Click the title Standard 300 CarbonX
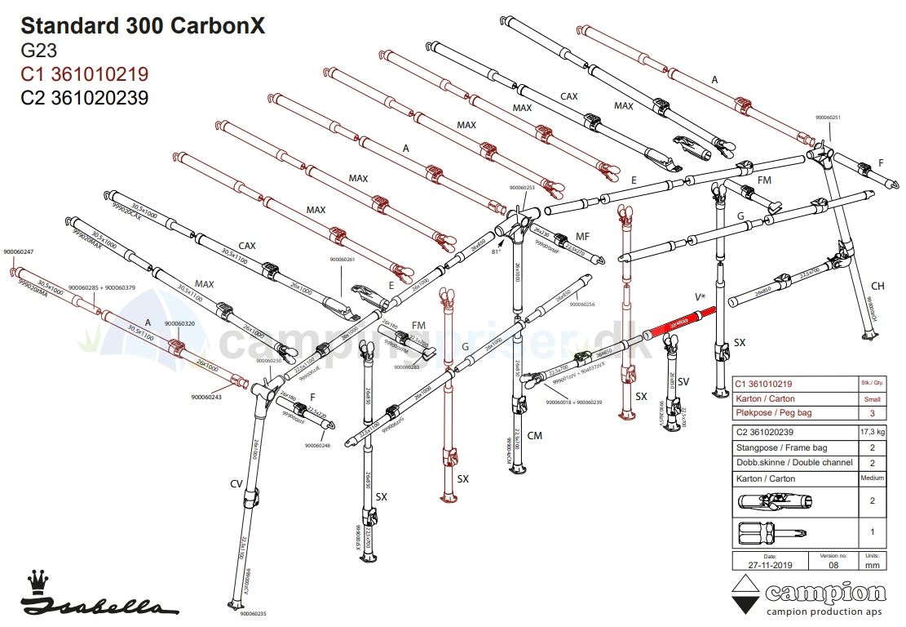[x=143, y=26]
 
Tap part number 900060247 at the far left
[x=19, y=251]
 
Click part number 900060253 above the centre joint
[x=522, y=188]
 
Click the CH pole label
[x=877, y=286]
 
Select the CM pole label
[x=534, y=436]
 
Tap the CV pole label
[x=236, y=484]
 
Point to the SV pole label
[x=683, y=381]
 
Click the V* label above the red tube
[x=700, y=297]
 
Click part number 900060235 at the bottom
[x=250, y=614]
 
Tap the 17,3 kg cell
[x=873, y=432]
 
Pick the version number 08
[x=831, y=564]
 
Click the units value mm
[x=873, y=564]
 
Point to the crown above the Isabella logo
[x=37, y=582]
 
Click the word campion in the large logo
[x=824, y=594]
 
